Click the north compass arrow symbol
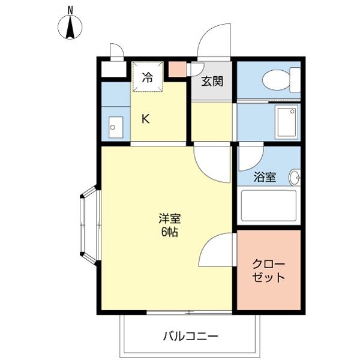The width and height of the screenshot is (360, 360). tap(71, 28)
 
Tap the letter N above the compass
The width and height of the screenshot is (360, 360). tap(71, 9)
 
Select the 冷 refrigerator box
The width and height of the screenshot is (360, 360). tap(147, 77)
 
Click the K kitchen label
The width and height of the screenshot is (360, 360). tap(145, 118)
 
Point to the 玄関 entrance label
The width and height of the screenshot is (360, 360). tap(212, 81)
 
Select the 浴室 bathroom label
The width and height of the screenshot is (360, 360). tap(264, 178)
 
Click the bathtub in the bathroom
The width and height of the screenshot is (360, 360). tap(268, 206)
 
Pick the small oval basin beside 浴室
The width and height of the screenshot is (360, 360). tap(295, 178)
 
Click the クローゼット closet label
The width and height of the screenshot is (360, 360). tap(268, 271)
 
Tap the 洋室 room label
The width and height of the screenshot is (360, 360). tap(170, 219)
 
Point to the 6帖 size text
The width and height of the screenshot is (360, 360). tap(170, 233)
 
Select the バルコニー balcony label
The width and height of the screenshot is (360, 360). tap(190, 335)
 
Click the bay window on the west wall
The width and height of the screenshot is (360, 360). tap(89, 225)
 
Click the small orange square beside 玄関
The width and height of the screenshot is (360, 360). tap(177, 68)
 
